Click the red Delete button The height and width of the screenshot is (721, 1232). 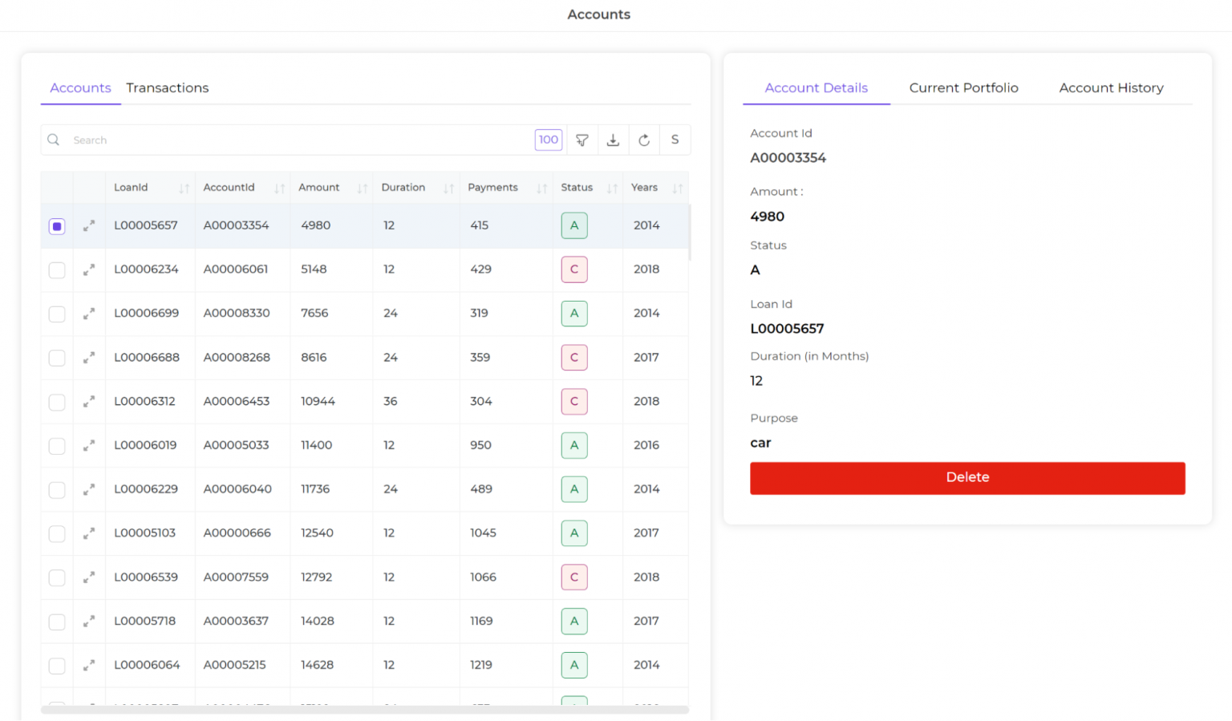(x=967, y=477)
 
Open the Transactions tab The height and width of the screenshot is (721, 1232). (x=167, y=88)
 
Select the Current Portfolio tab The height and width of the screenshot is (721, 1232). (x=963, y=88)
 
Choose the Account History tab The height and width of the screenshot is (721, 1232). (x=1111, y=88)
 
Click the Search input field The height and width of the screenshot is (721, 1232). (x=297, y=140)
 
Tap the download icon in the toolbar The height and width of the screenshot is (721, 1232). (x=613, y=140)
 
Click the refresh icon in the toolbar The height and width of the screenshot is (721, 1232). (x=644, y=140)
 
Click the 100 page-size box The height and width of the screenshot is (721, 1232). (x=549, y=140)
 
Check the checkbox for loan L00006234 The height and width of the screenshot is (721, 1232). (x=57, y=270)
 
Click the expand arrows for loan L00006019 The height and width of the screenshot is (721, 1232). (x=89, y=445)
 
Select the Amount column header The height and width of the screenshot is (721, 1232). (x=319, y=188)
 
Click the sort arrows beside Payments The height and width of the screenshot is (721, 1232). (x=542, y=188)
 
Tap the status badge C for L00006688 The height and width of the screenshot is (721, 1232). (x=574, y=358)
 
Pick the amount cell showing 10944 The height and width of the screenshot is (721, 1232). (x=318, y=401)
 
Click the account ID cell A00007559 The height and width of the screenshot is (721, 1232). (x=236, y=577)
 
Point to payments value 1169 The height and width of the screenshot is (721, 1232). (x=481, y=621)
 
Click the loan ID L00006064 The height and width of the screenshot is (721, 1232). (x=147, y=665)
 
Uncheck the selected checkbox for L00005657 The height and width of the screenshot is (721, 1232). (x=57, y=226)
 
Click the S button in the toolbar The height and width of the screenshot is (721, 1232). (x=675, y=140)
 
